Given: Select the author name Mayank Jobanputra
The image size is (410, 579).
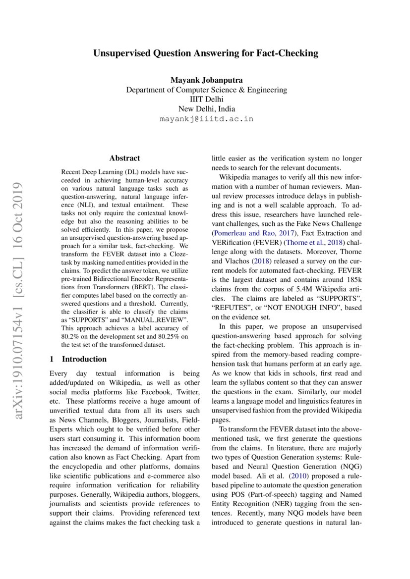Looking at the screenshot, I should coord(206,80).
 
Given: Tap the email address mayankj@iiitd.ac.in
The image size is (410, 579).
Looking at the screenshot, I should coord(206,119).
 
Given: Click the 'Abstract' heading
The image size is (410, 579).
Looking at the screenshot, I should coord(124,158).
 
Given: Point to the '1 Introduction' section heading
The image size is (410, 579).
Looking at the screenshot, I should coord(78,359).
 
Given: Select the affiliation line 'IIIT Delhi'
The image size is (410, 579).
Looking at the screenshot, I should coord(206,100).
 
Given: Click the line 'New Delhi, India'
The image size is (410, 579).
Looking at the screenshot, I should coord(206,109).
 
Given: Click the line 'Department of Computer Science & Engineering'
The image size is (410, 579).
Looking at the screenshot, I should coord(206,90).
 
